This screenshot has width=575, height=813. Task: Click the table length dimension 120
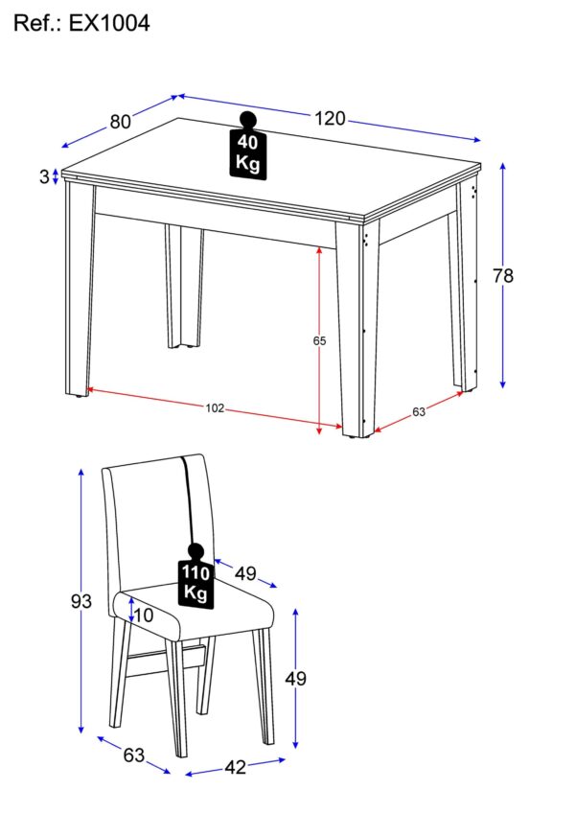tap(330, 119)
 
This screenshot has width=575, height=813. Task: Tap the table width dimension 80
tap(120, 122)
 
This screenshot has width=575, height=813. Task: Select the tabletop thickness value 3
tap(44, 176)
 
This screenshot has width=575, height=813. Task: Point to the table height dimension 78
tap(503, 276)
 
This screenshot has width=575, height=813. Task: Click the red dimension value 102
tap(214, 408)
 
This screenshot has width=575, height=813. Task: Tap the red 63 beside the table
tap(419, 412)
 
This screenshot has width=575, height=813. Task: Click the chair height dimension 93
tap(81, 602)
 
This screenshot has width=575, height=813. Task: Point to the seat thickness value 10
tap(144, 616)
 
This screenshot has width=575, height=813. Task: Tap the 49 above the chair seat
tap(245, 574)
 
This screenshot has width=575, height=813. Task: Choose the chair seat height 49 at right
tap(296, 679)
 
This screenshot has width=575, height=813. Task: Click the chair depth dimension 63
tap(133, 755)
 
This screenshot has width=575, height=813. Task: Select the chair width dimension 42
tap(235, 767)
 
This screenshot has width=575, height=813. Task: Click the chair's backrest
tap(153, 518)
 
